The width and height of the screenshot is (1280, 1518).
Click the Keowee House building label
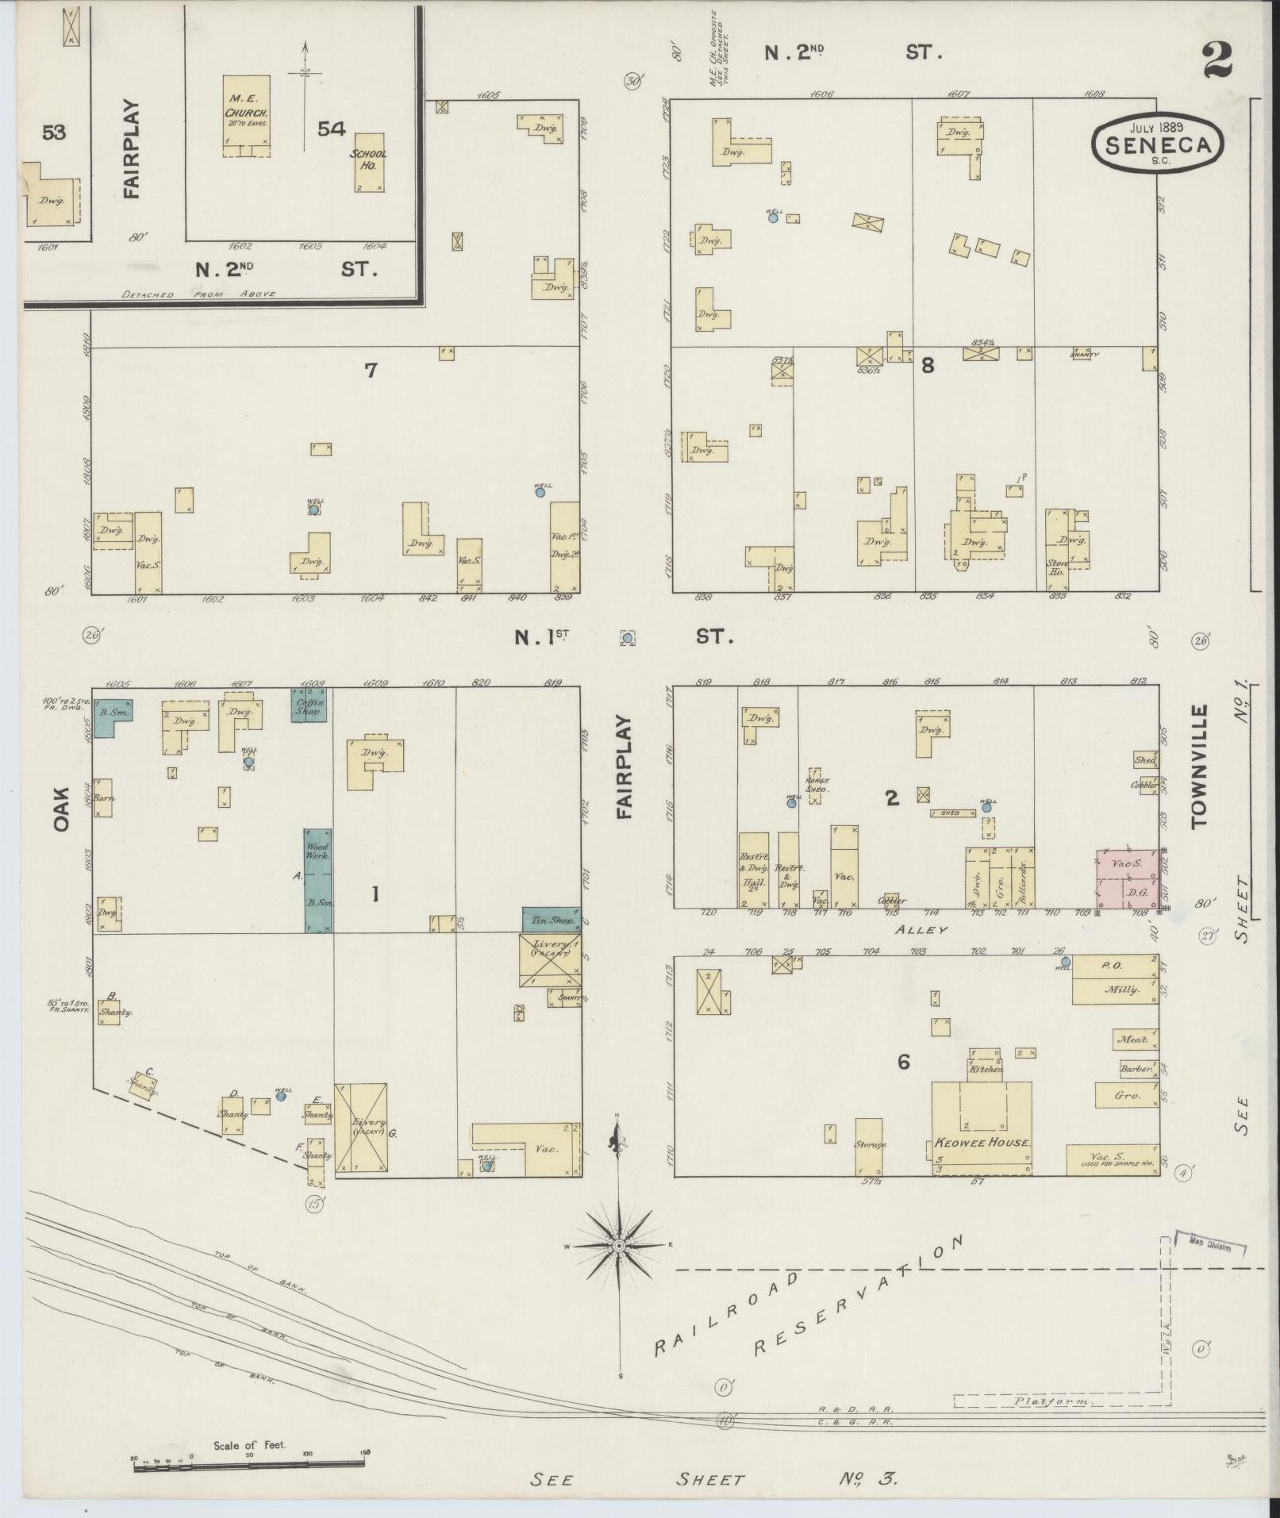[x=982, y=1142]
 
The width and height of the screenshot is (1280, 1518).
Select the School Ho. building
[x=369, y=162]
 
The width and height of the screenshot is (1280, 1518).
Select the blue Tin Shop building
[x=550, y=920]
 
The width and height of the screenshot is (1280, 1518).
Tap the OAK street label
[x=61, y=809]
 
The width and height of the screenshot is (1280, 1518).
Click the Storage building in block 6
[x=869, y=1146]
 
